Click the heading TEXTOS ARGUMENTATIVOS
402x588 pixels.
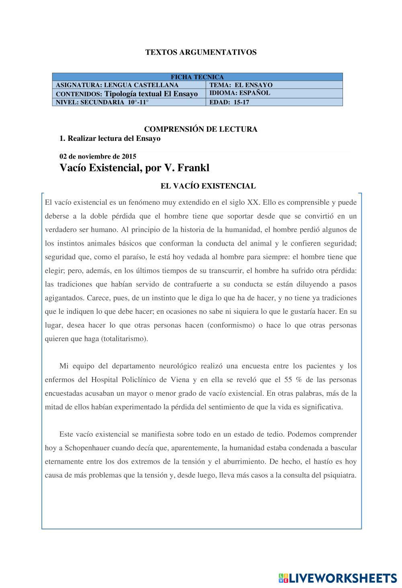(201, 52)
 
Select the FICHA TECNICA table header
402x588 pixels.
(197, 77)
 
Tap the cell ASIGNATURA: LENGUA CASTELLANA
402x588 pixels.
(117, 85)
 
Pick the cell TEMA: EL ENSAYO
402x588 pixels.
(241, 85)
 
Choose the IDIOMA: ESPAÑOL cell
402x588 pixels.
(240, 93)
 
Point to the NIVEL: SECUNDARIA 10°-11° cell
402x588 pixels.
(102, 102)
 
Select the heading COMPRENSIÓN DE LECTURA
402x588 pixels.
(201, 129)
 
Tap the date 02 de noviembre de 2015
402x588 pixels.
(98, 156)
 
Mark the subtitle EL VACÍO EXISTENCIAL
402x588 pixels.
(208, 186)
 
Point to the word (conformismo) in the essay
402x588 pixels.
(231, 325)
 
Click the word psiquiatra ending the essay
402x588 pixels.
(339, 475)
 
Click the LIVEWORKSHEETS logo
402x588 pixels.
(337, 578)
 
